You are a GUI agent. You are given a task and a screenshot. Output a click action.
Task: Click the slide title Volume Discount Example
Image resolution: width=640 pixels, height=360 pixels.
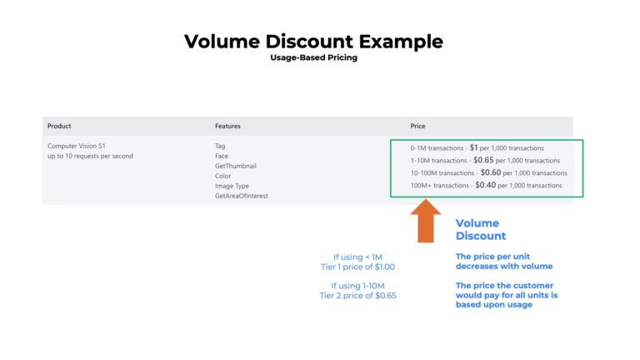313,42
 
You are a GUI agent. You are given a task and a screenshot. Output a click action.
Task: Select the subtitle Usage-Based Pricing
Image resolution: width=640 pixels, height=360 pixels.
313,58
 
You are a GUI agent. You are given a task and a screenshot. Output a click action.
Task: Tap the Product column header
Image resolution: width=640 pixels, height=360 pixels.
59,126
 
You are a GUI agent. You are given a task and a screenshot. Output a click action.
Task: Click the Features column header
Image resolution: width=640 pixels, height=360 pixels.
227,126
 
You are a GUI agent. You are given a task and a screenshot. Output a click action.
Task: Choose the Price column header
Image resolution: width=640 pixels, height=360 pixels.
418,126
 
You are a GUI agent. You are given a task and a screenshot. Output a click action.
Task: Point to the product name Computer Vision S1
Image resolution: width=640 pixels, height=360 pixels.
77,146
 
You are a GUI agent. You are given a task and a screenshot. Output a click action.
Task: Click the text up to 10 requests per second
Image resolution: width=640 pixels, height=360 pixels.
90,156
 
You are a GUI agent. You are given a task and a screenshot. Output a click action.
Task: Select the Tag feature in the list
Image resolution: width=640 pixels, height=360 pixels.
220,146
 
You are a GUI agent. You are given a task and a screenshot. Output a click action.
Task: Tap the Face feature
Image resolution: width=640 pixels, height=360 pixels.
221,156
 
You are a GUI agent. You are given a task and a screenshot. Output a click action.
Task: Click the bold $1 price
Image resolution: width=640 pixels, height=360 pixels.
473,147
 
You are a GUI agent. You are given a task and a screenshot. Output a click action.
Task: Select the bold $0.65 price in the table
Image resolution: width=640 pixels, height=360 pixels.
483,160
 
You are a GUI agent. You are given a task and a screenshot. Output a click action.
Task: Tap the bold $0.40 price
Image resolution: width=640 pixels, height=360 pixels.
485,185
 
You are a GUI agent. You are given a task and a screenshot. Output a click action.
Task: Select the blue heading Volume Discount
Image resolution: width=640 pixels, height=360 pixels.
480,229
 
